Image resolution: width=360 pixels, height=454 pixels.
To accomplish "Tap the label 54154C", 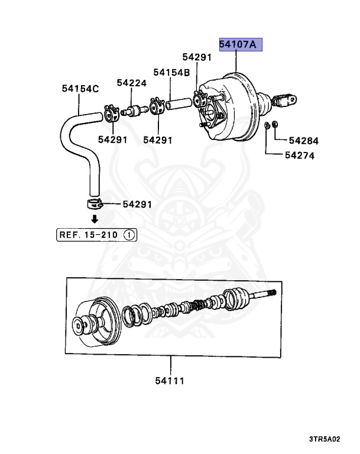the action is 80,89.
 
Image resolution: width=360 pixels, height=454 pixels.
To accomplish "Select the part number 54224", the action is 131,83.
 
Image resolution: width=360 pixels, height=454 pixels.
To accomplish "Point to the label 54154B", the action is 171,72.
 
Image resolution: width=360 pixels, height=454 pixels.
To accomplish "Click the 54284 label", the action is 303,141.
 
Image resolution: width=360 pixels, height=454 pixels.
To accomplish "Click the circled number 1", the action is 129,235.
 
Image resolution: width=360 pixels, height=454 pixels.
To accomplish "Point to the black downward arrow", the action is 94,219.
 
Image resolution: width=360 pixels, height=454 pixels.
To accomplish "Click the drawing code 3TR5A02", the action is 324,439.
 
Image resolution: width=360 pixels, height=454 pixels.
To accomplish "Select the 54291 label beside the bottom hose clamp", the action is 137,205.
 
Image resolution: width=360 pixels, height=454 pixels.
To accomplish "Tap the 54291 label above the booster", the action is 196,57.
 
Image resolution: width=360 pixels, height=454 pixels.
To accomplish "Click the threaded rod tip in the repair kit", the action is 271,293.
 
